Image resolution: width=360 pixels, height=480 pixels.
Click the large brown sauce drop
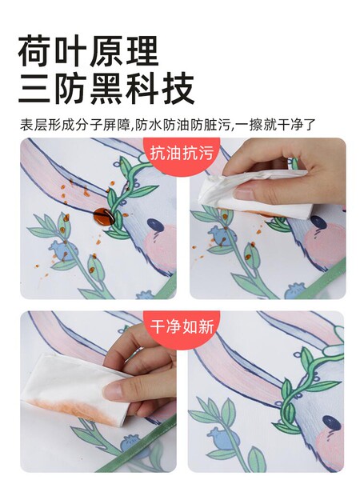coord(103,216)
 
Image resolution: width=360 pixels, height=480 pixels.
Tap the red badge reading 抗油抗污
coord(182,154)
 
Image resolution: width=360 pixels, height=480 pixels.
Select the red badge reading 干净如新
coord(182,328)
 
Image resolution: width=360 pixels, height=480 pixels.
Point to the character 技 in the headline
coord(178,89)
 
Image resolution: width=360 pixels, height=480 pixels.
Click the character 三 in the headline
coord(34,89)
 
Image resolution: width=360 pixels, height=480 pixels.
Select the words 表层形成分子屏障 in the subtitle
coord(75,125)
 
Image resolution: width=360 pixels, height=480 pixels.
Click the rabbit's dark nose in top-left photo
coord(156,225)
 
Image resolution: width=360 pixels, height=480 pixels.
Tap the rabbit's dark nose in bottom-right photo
coord(331,422)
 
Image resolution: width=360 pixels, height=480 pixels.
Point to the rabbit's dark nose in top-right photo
coord(318,222)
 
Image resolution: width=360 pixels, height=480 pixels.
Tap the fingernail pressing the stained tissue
coord(113,391)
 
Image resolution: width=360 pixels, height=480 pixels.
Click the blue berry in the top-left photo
coord(64,250)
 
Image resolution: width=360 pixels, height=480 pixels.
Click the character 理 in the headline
coord(142,51)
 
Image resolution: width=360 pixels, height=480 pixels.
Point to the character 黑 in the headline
coord(106,89)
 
